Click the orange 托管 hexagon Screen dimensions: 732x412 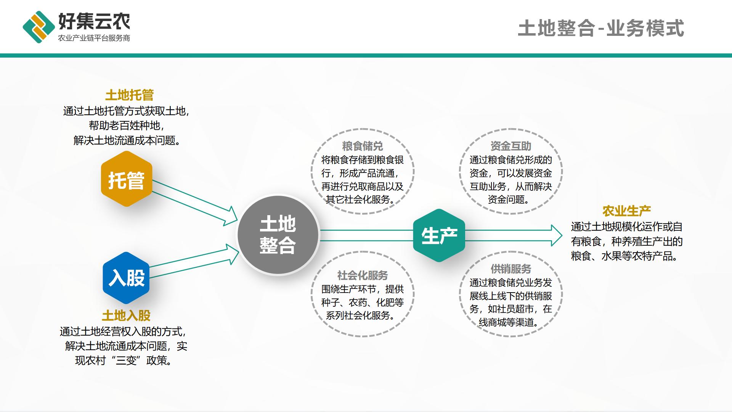(127, 179)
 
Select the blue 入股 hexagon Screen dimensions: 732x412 (126, 278)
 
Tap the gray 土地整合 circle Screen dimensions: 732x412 (278, 235)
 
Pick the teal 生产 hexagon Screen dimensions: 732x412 (439, 235)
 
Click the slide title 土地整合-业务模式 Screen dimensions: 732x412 (601, 29)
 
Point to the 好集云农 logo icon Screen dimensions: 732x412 (39, 27)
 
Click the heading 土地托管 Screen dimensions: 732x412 (130, 95)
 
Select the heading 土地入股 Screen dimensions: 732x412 (126, 315)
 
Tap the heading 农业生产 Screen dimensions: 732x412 (626, 211)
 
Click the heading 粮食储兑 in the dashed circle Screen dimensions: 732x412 (362, 146)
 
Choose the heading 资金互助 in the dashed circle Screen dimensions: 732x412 (511, 146)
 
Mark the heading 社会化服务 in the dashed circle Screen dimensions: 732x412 (362, 275)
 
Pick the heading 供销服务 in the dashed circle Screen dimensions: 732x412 (511, 269)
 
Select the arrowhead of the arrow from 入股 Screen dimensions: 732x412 (232, 254)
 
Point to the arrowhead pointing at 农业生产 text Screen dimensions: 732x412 (557, 235)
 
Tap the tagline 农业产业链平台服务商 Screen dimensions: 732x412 (94, 38)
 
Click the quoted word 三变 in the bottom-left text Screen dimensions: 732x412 (126, 360)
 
